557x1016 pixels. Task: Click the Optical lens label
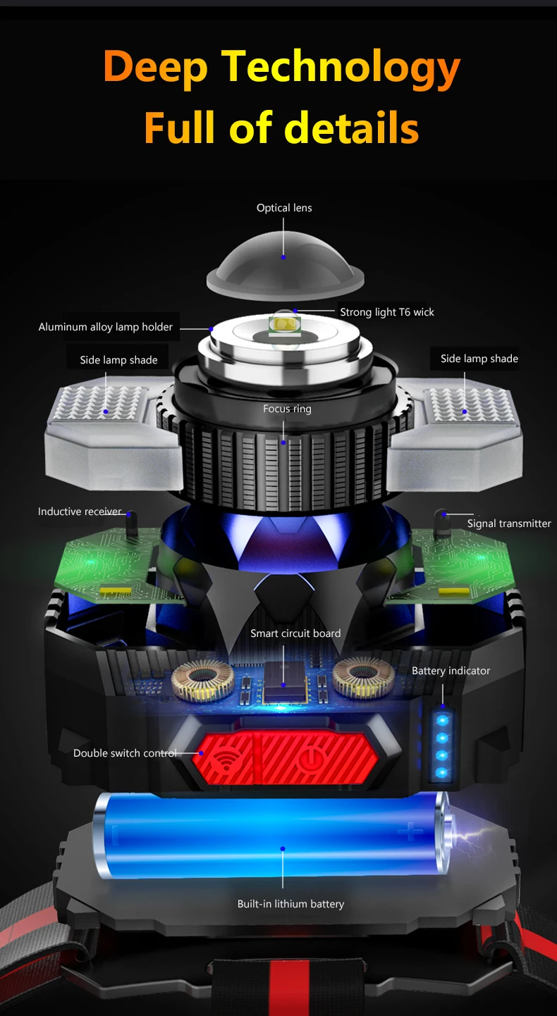284,208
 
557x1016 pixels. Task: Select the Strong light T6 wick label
387,312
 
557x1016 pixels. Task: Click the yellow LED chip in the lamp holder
283,325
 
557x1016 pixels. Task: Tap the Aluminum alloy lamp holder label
106,327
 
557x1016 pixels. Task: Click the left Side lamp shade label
118,360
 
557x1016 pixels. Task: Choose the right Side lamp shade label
479,359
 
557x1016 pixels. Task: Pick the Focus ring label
287,409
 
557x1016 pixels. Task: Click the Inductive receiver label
80,512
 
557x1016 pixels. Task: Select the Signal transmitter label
509,524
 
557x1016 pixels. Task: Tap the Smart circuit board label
295,633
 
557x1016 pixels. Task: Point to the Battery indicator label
451,671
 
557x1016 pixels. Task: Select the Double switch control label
125,753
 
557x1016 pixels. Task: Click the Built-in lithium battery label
290,904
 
